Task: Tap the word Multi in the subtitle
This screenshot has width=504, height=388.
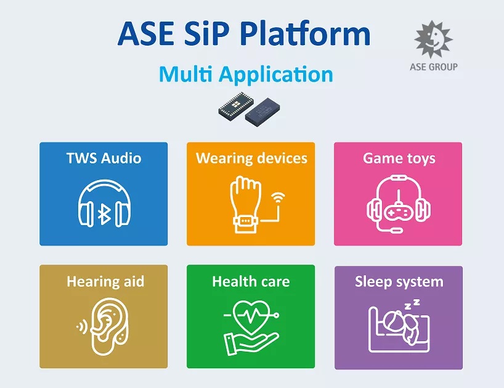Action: [x=186, y=74]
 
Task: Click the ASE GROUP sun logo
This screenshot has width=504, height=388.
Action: [x=433, y=39]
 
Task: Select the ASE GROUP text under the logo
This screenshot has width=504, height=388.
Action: [x=434, y=67]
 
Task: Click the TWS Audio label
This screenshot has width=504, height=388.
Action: [x=104, y=159]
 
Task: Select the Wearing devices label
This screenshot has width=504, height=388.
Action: [x=251, y=159]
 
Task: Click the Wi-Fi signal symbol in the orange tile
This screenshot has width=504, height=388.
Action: [x=278, y=198]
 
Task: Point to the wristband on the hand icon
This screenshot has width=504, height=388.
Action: [x=246, y=221]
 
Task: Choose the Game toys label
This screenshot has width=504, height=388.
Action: [x=399, y=159]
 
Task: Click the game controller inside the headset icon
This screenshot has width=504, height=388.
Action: [x=398, y=213]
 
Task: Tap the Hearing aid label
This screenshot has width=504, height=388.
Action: [x=105, y=281]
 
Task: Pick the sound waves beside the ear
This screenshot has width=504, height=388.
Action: [x=82, y=327]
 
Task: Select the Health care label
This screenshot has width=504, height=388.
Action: [x=251, y=281]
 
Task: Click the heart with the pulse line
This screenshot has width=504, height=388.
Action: [x=251, y=316]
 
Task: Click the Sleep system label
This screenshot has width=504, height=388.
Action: [x=399, y=282]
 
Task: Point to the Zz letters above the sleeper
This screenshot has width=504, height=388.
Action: [x=412, y=304]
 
